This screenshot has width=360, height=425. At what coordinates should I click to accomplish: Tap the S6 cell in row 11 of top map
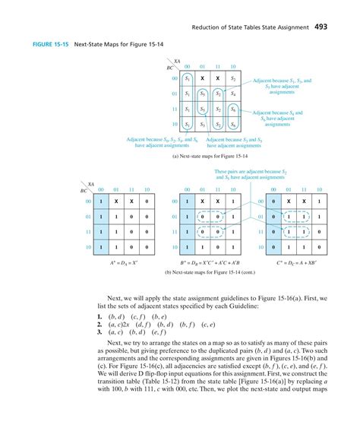click(x=234, y=109)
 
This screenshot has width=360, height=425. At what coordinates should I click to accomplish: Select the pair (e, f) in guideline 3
click(x=162, y=331)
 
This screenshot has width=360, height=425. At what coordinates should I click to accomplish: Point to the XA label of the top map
click(x=177, y=60)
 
